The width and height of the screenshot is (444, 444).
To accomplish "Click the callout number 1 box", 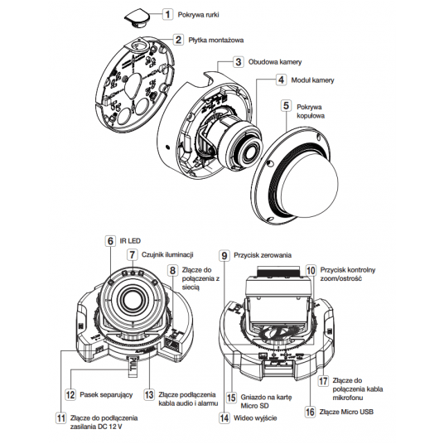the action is pyautogui.click(x=167, y=14).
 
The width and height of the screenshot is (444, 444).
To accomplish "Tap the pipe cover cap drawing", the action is pyautogui.click(x=137, y=17).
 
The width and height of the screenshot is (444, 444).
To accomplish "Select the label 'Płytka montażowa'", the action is pyautogui.click(x=216, y=40).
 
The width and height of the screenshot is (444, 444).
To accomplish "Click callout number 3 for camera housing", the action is pyautogui.click(x=239, y=62).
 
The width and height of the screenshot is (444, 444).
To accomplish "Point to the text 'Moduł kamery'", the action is pyautogui.click(x=312, y=80).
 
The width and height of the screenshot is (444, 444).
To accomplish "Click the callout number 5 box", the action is pyautogui.click(x=286, y=106).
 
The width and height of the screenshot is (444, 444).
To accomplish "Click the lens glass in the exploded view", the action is pyautogui.click(x=250, y=153).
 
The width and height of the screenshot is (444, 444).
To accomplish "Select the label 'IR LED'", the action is pyautogui.click(x=130, y=241).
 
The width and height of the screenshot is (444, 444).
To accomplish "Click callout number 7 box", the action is pyautogui.click(x=132, y=254).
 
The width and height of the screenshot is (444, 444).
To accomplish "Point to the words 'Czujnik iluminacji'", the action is pyautogui.click(x=167, y=254).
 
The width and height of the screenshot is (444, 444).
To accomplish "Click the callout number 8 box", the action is pyautogui.click(x=173, y=270).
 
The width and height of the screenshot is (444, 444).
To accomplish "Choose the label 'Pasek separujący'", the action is pyautogui.click(x=106, y=394).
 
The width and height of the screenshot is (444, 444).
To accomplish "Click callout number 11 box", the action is pyautogui.click(x=60, y=418).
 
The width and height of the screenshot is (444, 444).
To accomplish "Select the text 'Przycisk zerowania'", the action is pyautogui.click(x=263, y=255).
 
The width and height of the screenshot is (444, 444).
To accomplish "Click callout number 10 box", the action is pyautogui.click(x=311, y=270).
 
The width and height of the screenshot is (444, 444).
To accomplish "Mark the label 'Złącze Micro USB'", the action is pyautogui.click(x=346, y=412).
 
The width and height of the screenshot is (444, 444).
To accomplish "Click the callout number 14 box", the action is pyautogui.click(x=224, y=418).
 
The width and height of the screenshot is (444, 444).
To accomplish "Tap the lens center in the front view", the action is pyautogui.click(x=131, y=299).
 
